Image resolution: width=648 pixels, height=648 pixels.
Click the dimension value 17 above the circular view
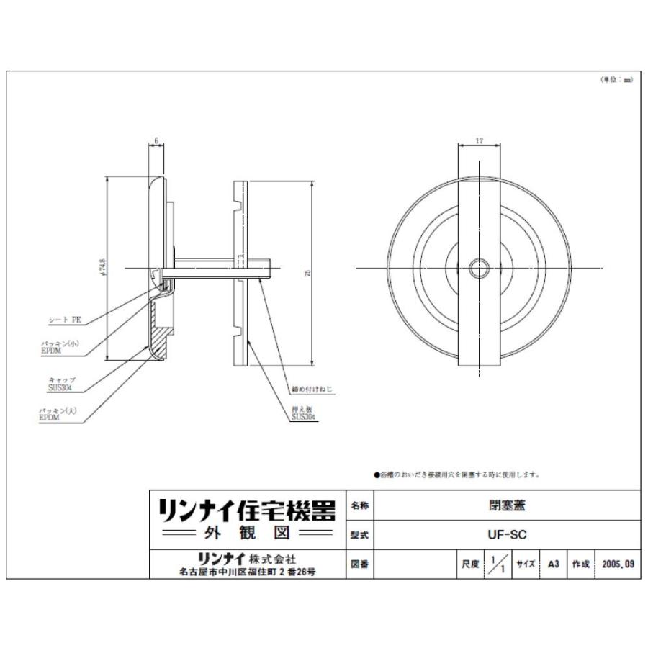click(x=480, y=141)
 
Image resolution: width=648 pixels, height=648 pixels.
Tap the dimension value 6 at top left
click(x=156, y=141)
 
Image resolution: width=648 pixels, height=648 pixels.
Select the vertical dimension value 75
click(x=307, y=271)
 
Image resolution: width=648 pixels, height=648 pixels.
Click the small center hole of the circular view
click(x=479, y=269)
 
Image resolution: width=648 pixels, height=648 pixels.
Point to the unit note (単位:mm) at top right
click(x=616, y=80)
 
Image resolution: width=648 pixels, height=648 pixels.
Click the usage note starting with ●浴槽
click(x=456, y=475)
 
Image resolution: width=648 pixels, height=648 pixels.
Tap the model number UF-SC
click(x=507, y=535)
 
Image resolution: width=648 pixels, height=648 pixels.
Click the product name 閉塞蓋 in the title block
click(x=507, y=505)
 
